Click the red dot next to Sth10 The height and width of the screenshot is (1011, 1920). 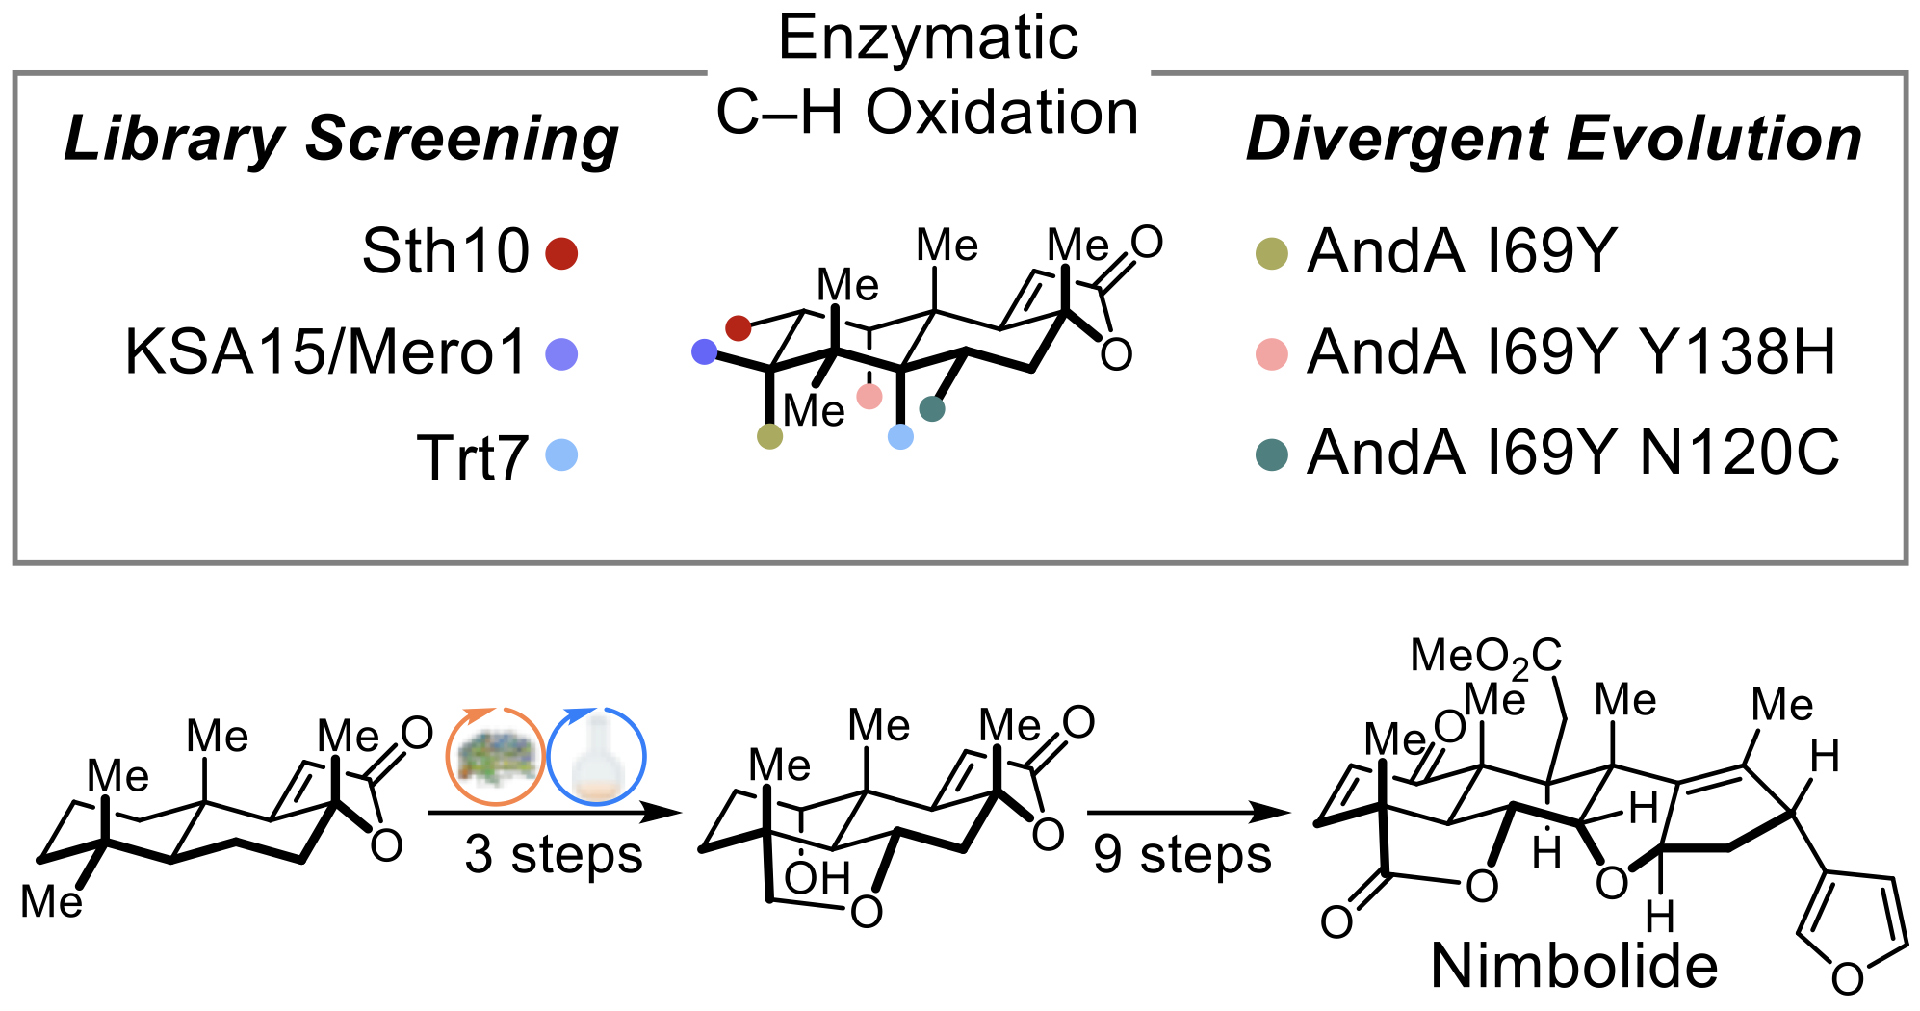click(561, 253)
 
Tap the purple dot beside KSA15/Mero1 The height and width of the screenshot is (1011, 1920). click(561, 353)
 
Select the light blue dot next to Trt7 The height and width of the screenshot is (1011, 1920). click(561, 454)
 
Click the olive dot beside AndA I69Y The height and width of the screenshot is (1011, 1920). click(1272, 253)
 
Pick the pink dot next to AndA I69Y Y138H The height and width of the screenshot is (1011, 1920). click(1272, 353)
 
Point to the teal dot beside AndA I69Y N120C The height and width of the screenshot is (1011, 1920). click(1272, 454)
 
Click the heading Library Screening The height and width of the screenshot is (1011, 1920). click(341, 139)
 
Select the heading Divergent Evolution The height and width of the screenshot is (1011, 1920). click(1553, 139)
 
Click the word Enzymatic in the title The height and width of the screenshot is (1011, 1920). click(928, 39)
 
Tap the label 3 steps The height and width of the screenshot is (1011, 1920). click(554, 855)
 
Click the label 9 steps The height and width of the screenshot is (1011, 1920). click(1182, 855)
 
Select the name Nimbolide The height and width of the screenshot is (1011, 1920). click(1574, 966)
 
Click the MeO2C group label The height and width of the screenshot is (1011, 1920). click(1486, 657)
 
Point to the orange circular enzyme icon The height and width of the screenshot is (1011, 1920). click(495, 757)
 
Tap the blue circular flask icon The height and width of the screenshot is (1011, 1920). click(597, 757)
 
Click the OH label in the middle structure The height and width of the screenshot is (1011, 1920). click(817, 878)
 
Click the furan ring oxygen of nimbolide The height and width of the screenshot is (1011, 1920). click(1848, 979)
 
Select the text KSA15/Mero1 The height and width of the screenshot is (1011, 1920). click(325, 352)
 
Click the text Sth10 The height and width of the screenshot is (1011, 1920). click(445, 252)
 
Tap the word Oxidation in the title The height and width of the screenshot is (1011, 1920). click(1001, 113)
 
